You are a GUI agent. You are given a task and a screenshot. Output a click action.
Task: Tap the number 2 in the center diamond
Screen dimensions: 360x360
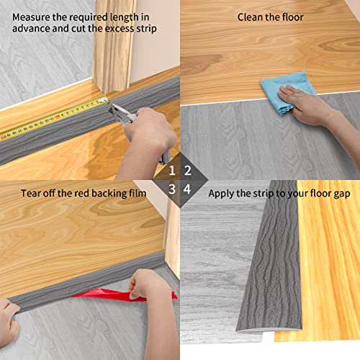click(187, 171)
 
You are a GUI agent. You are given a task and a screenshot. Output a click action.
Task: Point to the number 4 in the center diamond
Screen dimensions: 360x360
click(187, 189)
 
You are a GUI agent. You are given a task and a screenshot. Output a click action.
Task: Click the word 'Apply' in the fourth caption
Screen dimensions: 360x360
click(222, 193)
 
